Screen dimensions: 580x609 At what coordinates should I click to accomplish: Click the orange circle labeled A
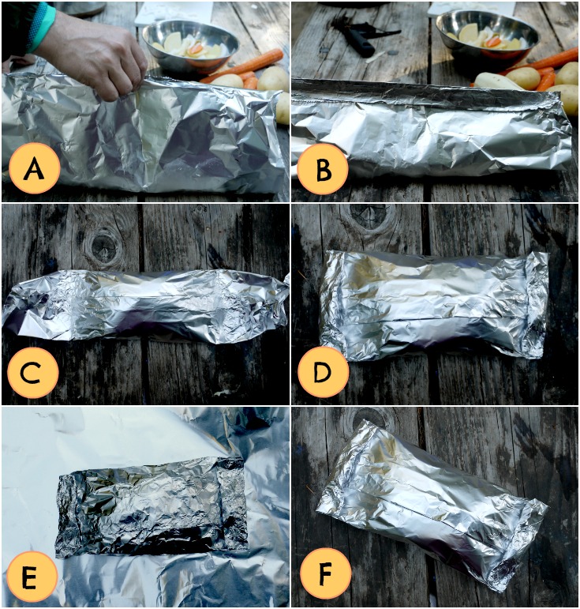[x=35, y=170]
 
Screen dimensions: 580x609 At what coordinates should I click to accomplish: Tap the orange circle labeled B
[x=323, y=170]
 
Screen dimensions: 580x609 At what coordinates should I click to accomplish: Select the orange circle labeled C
[x=32, y=372]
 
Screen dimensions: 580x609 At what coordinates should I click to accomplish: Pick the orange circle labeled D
[x=323, y=372]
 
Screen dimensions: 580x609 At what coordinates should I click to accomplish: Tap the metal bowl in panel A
[x=190, y=46]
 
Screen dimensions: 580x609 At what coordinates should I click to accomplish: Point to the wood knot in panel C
[x=103, y=246]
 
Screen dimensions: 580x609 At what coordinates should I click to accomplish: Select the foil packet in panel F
[x=432, y=505]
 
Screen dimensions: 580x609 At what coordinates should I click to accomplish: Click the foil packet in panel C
[x=145, y=306]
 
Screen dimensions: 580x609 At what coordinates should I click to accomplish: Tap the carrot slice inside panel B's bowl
[x=493, y=41]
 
